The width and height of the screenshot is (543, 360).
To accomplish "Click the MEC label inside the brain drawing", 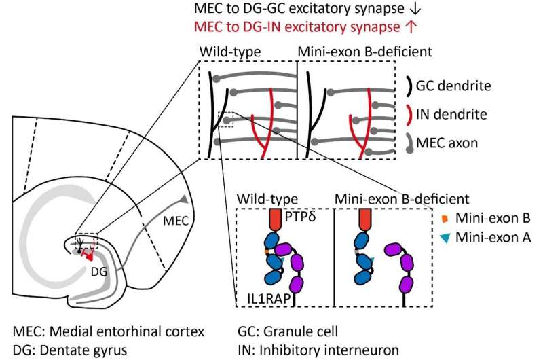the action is (x=176, y=221).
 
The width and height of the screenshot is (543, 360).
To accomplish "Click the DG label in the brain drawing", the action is (x=99, y=272).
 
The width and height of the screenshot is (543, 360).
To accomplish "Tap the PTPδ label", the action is (x=300, y=217).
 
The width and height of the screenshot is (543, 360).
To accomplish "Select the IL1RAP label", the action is (x=269, y=299).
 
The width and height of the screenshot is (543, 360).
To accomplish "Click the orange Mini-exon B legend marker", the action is (x=445, y=218).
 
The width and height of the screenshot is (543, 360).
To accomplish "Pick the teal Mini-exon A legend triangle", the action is (x=445, y=238).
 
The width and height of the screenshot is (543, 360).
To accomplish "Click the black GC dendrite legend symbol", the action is (x=409, y=85).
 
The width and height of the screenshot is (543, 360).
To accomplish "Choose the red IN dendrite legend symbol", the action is (x=409, y=114).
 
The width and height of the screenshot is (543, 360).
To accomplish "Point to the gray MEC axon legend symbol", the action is (x=409, y=143).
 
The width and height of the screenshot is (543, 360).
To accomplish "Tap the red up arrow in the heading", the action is (x=411, y=26).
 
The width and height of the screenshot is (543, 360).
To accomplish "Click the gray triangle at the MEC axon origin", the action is (x=183, y=199).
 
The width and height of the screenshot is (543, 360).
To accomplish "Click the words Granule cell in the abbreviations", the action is (x=300, y=331).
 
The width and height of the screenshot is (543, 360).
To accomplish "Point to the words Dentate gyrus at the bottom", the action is (x=83, y=350).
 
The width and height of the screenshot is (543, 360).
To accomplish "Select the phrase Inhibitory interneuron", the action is (x=329, y=350).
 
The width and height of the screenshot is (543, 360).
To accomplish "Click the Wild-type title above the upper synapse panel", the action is (x=230, y=52).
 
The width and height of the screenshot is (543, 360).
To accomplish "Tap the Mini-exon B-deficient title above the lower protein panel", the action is (x=402, y=199).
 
